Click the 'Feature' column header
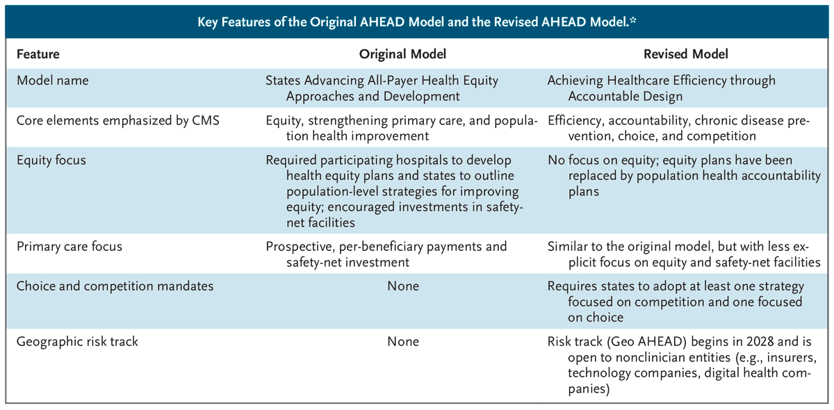point(38,54)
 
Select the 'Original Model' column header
point(402,54)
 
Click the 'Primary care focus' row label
point(65,247)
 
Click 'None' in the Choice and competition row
point(402,286)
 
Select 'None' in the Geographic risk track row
point(402,342)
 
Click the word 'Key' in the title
point(207,22)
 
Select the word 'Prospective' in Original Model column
point(299,247)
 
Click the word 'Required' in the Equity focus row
point(291,161)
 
